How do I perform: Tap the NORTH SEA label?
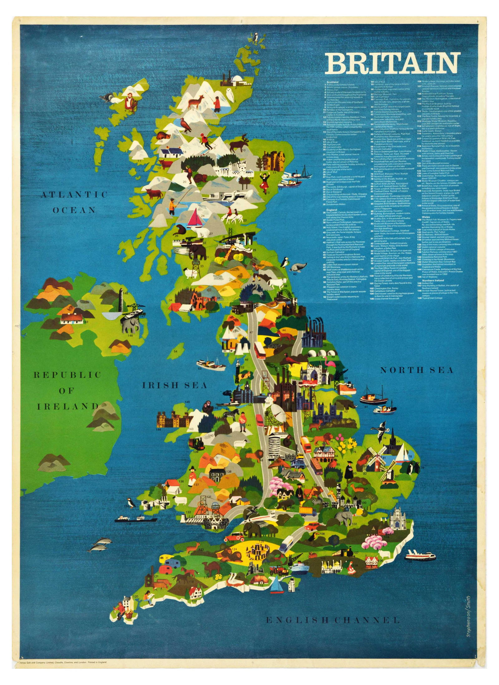tap(416, 370)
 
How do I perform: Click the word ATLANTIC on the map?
tap(74, 195)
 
